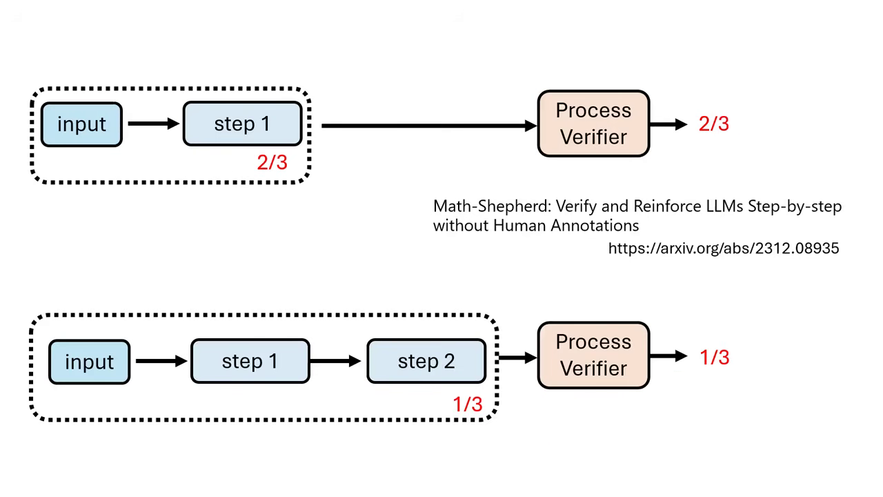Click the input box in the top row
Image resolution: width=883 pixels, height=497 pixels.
coord(81,124)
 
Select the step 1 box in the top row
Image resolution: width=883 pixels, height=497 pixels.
coord(242,124)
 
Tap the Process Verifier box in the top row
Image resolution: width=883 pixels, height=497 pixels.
coord(593,124)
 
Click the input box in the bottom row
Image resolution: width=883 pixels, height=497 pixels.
coord(89,362)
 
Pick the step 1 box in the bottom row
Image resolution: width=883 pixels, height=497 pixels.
coord(250,362)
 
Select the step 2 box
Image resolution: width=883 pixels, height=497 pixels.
coord(426,362)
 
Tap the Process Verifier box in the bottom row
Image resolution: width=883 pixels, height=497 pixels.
coord(593,355)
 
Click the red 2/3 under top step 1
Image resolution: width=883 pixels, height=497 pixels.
coord(272,162)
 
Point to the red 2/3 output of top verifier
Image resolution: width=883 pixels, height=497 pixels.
coord(713,124)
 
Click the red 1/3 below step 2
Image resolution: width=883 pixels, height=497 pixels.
coord(467,405)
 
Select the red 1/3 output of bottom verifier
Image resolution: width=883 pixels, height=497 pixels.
coord(714,358)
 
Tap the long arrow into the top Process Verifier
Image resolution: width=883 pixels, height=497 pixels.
coord(428,126)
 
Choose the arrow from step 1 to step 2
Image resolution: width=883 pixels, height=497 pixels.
coord(337,361)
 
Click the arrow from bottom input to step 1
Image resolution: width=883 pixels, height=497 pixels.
coord(161,361)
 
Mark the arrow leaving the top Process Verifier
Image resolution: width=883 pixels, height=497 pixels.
coord(668,124)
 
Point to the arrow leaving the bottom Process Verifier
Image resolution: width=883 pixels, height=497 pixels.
coord(668,356)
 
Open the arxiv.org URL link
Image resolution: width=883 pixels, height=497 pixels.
coord(723,248)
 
